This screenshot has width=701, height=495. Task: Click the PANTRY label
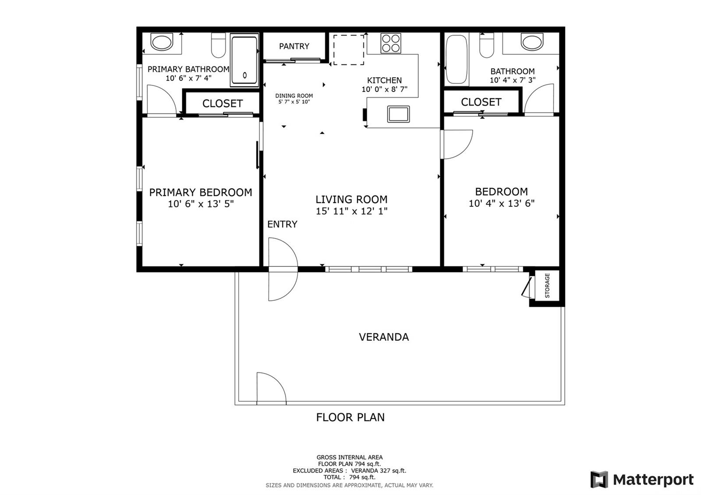[x=294, y=46]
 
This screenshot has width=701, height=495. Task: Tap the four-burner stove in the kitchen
[x=390, y=43]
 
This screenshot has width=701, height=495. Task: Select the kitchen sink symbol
[x=398, y=114]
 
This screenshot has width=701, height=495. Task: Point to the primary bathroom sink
[x=162, y=42]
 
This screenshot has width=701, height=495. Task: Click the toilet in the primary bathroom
[x=219, y=45]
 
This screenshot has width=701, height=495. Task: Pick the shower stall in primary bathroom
[x=244, y=60]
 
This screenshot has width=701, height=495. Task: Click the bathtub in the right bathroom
[x=457, y=60]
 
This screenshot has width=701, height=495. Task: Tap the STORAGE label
[x=547, y=285]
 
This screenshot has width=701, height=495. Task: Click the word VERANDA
[x=384, y=337]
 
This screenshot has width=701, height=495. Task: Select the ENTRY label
[x=282, y=224]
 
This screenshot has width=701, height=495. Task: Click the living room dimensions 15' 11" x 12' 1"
[x=351, y=211]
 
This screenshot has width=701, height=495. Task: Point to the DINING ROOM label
[x=294, y=96]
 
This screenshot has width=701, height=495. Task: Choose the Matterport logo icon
[x=599, y=479]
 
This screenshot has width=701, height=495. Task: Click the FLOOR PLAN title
[x=350, y=417]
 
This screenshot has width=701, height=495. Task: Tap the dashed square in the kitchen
[x=348, y=50]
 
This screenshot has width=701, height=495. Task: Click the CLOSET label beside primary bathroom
[x=223, y=103]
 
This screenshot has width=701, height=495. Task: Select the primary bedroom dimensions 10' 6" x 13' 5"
[x=201, y=204]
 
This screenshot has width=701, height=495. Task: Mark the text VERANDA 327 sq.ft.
[x=379, y=470]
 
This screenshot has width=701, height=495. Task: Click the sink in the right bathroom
[x=532, y=42]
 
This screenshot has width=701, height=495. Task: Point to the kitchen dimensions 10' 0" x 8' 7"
[x=384, y=89]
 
